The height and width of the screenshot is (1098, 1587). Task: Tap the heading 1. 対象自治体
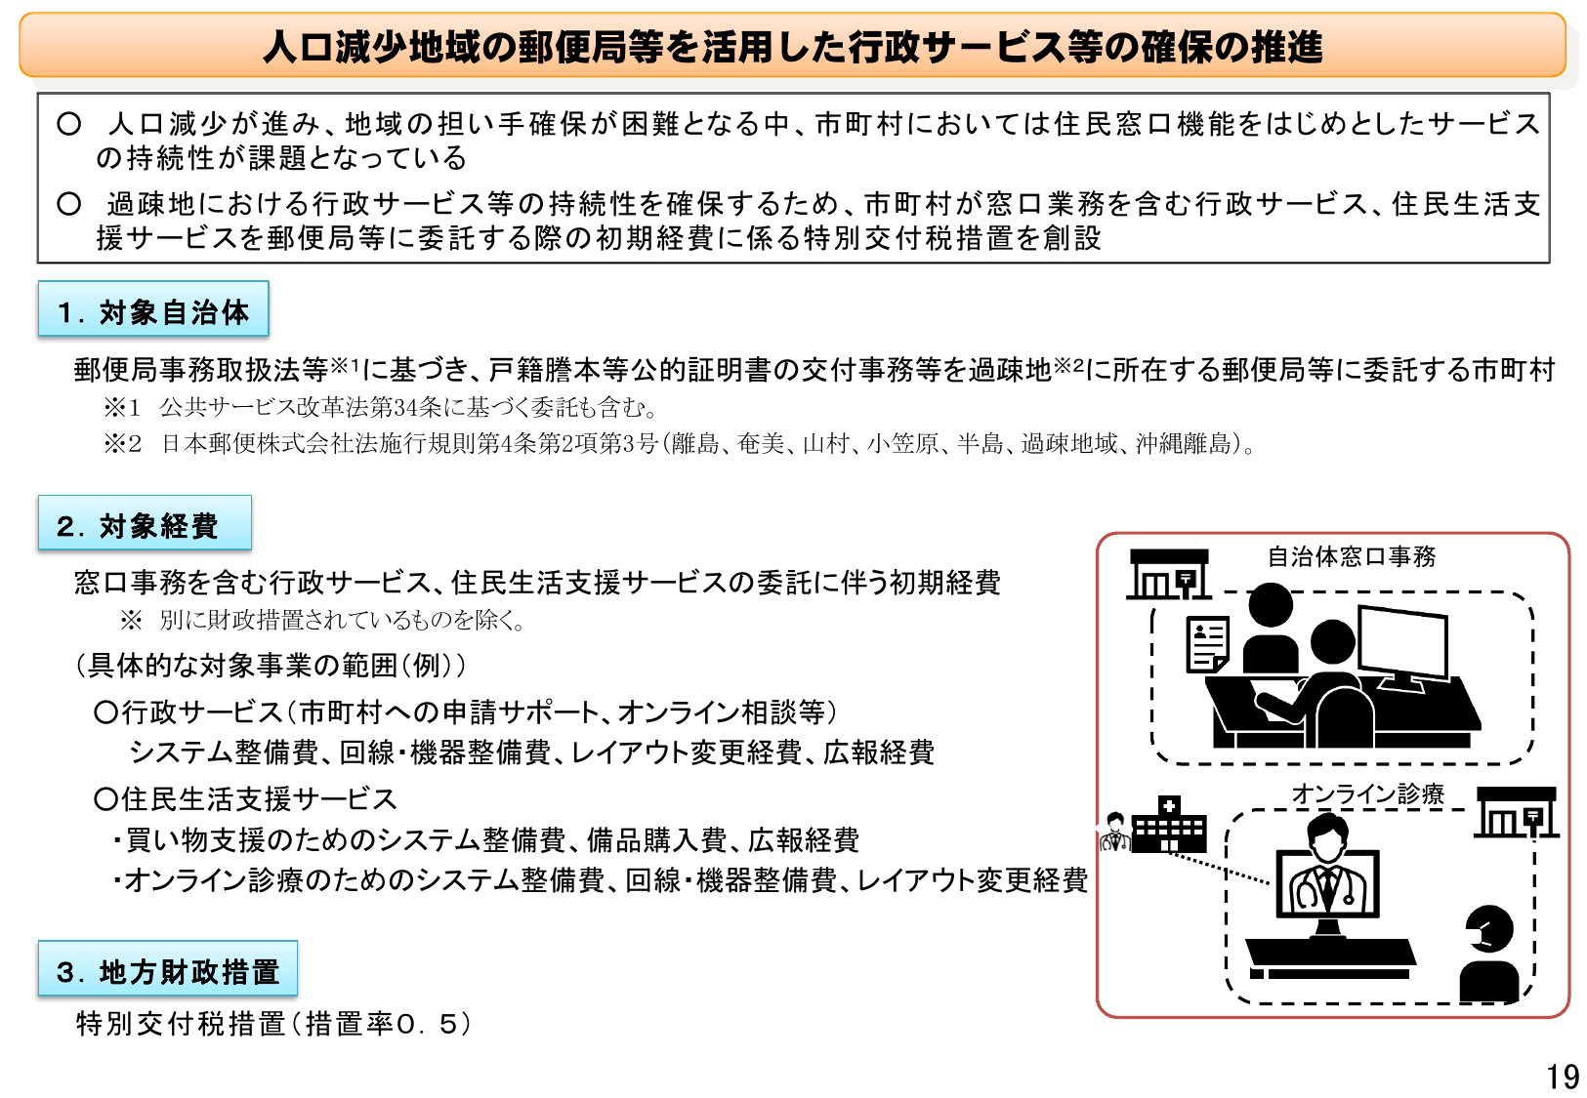tap(153, 311)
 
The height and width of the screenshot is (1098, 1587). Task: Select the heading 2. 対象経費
tap(145, 525)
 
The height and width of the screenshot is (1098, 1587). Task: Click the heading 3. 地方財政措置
tap(167, 971)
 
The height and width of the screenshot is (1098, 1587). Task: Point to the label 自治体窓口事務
tap(1352, 556)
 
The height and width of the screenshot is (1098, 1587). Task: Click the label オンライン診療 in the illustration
tap(1367, 794)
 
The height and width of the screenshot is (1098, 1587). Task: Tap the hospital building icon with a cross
tap(1168, 825)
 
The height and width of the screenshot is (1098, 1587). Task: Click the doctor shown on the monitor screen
tap(1327, 869)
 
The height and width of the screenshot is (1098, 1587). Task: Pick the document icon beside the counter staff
tap(1207, 644)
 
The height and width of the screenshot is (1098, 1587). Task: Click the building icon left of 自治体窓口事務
tap(1169, 574)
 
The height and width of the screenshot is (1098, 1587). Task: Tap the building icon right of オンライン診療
tap(1516, 812)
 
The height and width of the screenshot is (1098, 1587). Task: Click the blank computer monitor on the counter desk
tap(1402, 644)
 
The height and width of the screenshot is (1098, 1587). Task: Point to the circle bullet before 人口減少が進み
tap(68, 124)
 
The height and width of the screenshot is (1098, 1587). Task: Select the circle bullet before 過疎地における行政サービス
tap(68, 204)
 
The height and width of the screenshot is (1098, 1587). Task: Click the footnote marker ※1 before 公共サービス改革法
tap(122, 407)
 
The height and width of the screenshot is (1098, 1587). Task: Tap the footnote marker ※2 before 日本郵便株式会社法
tap(122, 444)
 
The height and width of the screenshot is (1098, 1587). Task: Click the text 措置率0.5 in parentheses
tap(388, 1024)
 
